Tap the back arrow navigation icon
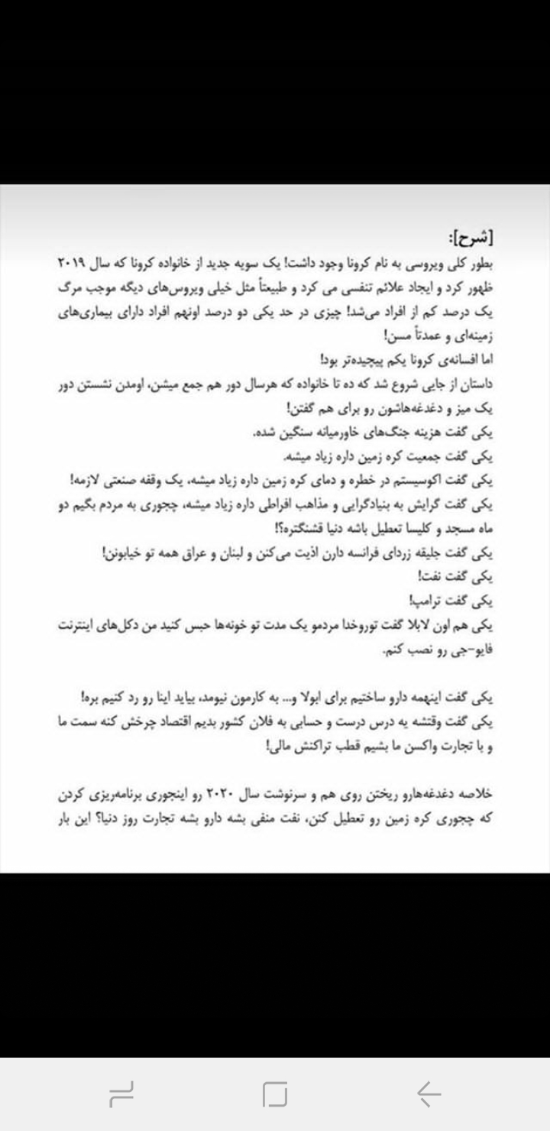click(429, 1094)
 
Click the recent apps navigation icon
click(121, 1094)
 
